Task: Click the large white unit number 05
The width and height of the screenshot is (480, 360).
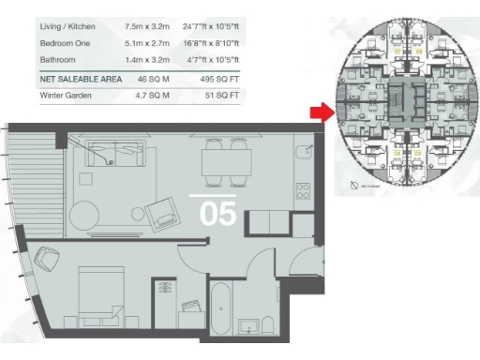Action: point(217,214)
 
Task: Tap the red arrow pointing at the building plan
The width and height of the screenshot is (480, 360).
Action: point(321,113)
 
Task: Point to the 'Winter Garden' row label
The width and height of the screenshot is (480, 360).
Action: point(67,96)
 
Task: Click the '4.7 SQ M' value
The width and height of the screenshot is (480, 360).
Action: point(150,96)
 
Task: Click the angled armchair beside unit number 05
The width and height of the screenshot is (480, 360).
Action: point(165,214)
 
